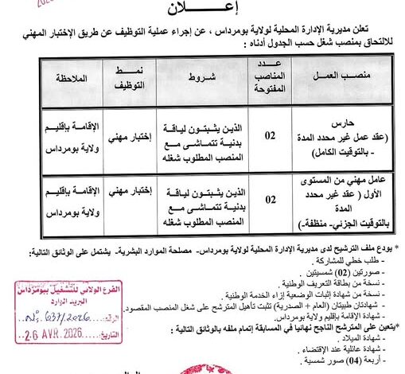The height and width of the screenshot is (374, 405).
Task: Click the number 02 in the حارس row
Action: (271, 134)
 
